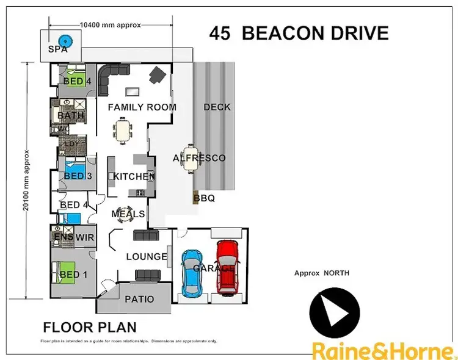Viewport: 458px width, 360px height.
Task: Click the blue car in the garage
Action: [x=192, y=272]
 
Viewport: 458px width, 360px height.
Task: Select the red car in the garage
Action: [x=227, y=267]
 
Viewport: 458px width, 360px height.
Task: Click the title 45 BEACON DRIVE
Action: [x=299, y=34]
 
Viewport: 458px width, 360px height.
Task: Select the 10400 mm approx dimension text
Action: [x=111, y=25]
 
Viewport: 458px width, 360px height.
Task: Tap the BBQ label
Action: [x=204, y=198]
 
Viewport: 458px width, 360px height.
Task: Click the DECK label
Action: [x=217, y=107]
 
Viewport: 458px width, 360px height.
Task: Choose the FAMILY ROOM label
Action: [x=142, y=107]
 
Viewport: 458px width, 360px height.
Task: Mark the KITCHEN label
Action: [x=133, y=177]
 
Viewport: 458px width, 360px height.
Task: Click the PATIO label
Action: [x=139, y=300]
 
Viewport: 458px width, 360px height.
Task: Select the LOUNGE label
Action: [x=147, y=257]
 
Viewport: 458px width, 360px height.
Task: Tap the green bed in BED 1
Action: [x=68, y=271]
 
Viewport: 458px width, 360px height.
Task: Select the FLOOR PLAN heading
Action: [x=89, y=327]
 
